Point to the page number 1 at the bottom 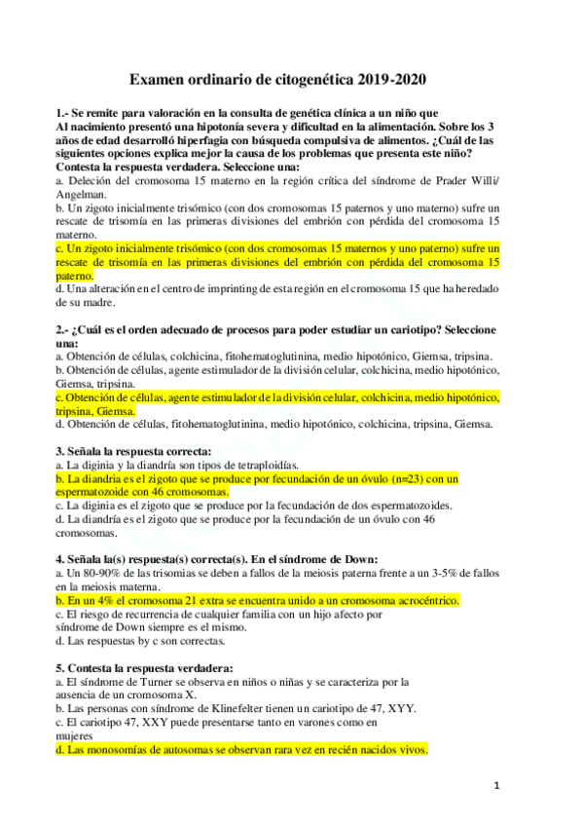tap(495, 784)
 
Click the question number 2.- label tap(64, 329)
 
